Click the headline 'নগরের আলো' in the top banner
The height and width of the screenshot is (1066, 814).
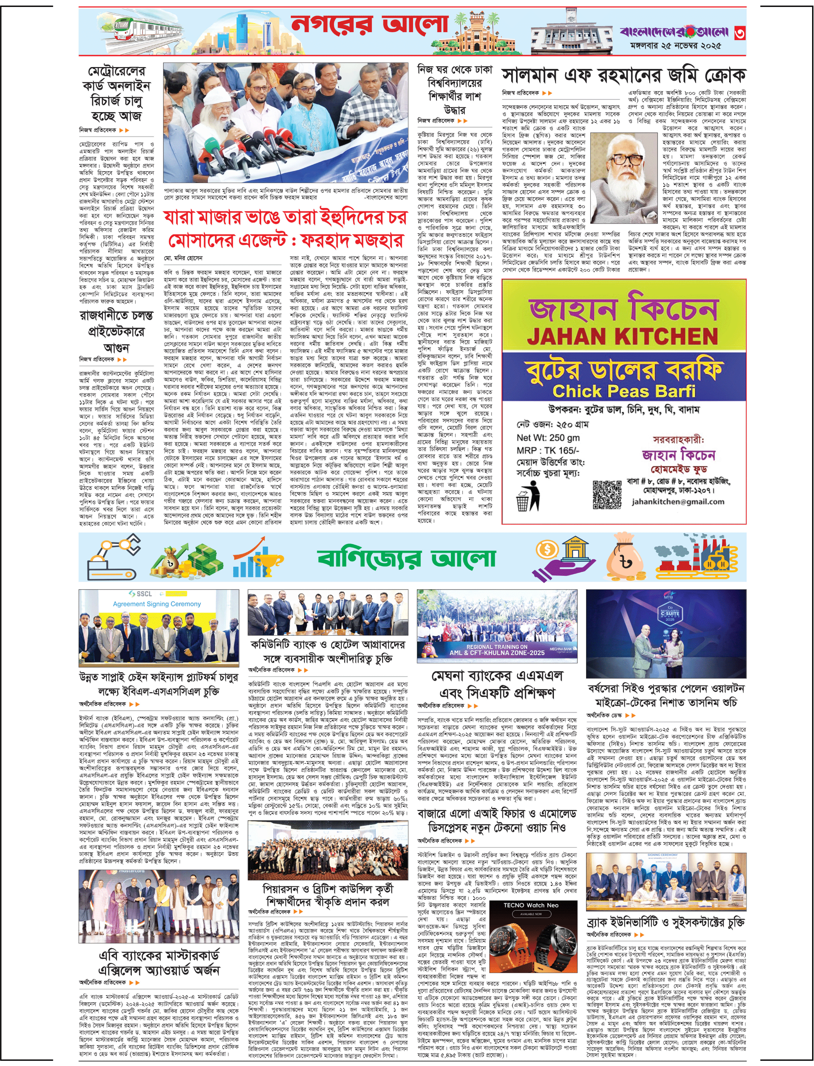pos(369,25)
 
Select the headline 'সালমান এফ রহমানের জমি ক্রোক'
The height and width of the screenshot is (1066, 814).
pos(624,75)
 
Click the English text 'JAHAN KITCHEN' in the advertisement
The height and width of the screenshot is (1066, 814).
pos(622,336)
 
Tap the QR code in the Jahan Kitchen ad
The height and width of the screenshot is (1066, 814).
pos(607,495)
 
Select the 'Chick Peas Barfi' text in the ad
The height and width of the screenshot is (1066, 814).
pos(624,391)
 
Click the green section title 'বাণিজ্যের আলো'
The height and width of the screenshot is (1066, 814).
pos(407,558)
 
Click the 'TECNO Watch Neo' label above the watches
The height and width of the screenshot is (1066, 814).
pos(531,905)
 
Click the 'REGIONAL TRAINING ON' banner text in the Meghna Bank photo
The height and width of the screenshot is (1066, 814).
pos(497,647)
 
